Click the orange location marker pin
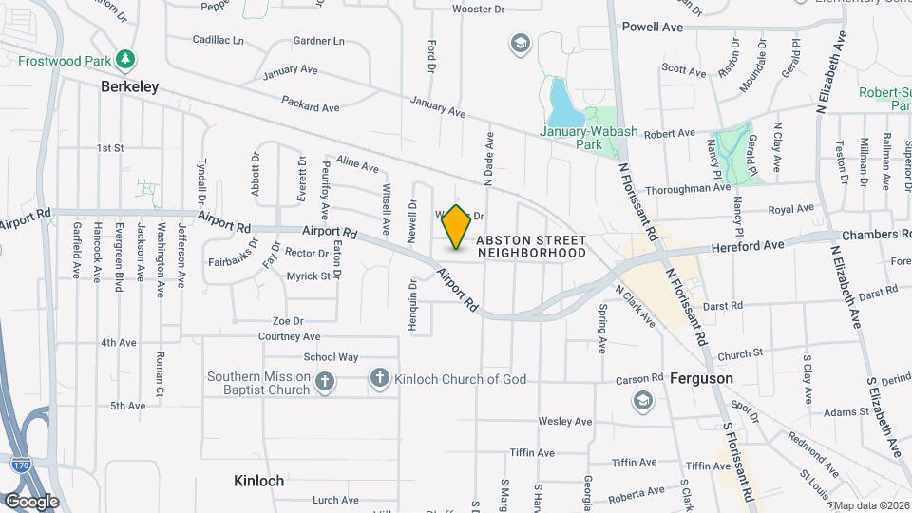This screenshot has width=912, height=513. pyautogui.click(x=457, y=227)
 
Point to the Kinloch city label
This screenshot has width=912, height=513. pyautogui.click(x=258, y=481)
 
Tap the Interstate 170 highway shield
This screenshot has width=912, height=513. pyautogui.click(x=21, y=465)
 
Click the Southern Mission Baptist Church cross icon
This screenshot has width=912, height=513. pyautogui.click(x=325, y=382)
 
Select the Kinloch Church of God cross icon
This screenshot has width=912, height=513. pyautogui.click(x=380, y=379)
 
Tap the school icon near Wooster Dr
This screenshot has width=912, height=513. pyautogui.click(x=520, y=43)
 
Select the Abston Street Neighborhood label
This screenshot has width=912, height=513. pyautogui.click(x=531, y=246)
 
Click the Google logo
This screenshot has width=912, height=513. pyautogui.click(x=31, y=501)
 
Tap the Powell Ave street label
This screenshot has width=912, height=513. pyautogui.click(x=653, y=28)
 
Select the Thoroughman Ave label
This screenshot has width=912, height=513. pyautogui.click(x=696, y=188)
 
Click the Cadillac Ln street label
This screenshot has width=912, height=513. pyautogui.click(x=218, y=41)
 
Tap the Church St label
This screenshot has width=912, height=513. pyautogui.click(x=741, y=354)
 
